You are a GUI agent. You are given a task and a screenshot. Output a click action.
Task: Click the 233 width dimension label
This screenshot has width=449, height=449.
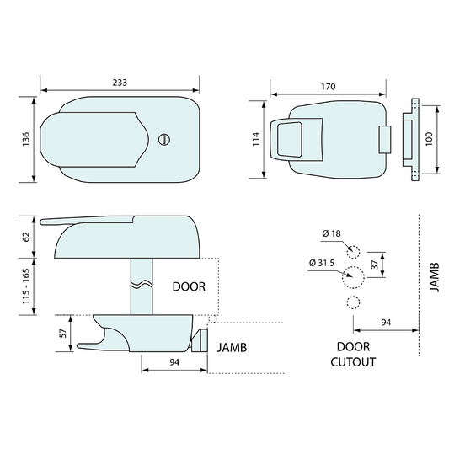coord(120,83)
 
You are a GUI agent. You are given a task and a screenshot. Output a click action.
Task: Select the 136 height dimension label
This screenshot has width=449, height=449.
coord(26,139)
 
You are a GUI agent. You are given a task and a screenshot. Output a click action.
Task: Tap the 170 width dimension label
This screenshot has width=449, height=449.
coord(328,86)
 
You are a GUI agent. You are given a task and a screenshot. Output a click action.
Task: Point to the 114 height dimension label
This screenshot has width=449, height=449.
coord(256,139)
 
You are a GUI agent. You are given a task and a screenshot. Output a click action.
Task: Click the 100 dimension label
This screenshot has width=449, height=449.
coord(429,139)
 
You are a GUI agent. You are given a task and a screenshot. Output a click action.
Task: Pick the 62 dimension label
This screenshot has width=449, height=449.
coord(26,237)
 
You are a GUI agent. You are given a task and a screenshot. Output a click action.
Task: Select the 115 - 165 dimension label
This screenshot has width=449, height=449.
coord(26,286)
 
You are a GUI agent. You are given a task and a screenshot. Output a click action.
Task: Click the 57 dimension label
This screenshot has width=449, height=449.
coord(62,333)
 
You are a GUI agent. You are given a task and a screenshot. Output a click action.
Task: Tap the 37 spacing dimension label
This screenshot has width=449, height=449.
coord(375,265)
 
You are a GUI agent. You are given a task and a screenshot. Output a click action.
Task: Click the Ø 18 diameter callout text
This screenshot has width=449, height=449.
coord(331,233)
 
